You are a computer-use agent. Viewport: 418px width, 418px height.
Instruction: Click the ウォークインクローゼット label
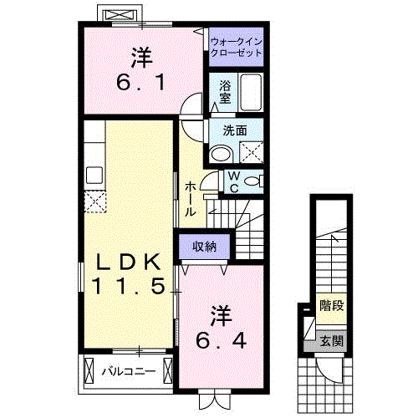(236, 45)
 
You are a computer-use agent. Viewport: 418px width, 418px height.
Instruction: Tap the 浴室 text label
(225, 92)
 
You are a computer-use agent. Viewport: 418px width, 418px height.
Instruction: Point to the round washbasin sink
(221, 153)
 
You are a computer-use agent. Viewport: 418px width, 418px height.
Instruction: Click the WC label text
(233, 181)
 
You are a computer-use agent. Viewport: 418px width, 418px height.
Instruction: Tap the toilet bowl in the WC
(252, 181)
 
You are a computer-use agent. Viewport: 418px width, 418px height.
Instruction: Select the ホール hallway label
(191, 197)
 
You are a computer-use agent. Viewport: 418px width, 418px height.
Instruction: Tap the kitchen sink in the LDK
(94, 176)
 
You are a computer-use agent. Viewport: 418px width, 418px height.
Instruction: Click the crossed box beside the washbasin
(249, 152)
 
